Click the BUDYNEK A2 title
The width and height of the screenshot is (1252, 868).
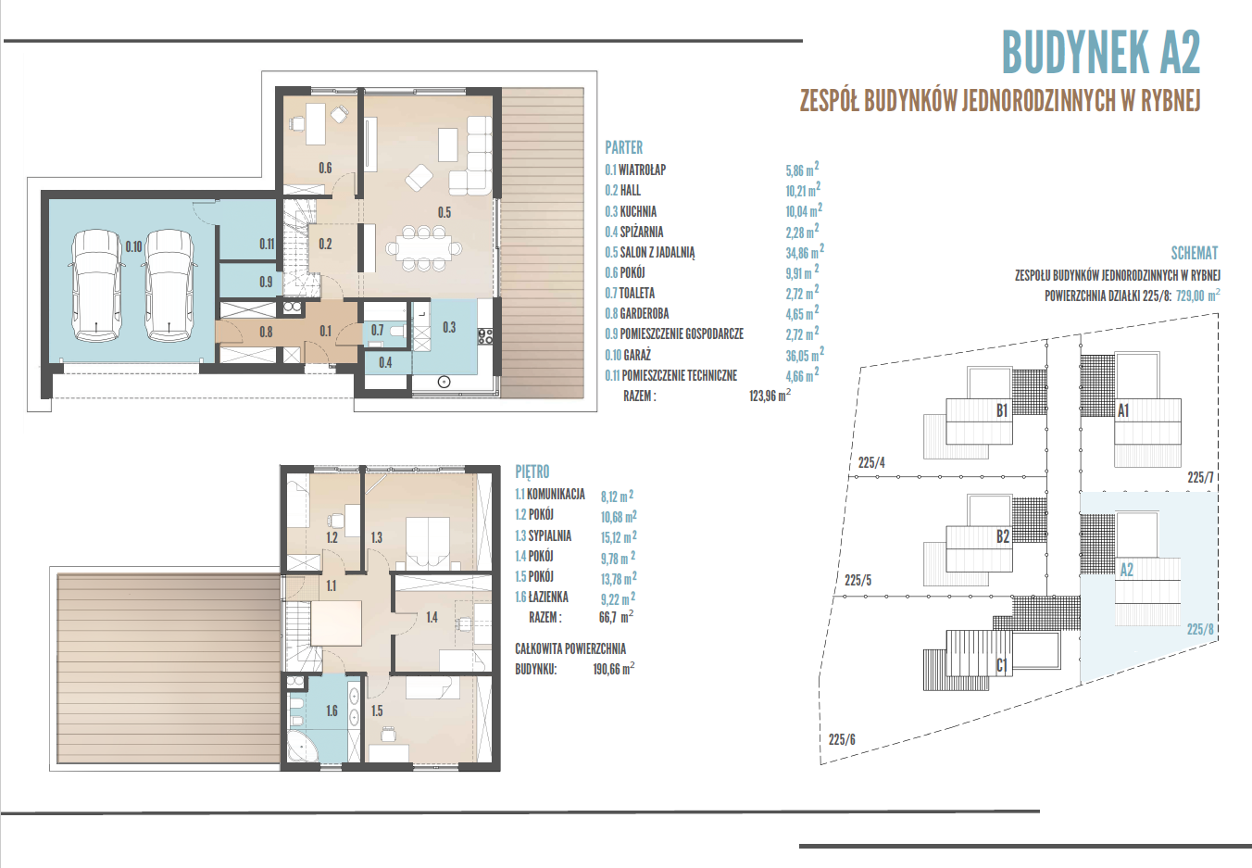[x=1101, y=52]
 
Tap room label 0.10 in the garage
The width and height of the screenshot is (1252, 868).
[x=133, y=246]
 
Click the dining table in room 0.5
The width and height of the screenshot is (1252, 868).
[x=424, y=247]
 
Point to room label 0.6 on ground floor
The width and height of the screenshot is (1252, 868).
[x=325, y=168]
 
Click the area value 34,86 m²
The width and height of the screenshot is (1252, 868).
[x=805, y=251]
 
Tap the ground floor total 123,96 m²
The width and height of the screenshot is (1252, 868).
[x=770, y=396]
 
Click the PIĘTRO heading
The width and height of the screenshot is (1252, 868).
[x=532, y=472]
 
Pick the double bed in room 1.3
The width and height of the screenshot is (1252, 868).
[x=428, y=541]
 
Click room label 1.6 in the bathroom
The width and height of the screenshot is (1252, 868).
[x=332, y=711]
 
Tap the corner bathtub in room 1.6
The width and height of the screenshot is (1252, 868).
[x=303, y=748]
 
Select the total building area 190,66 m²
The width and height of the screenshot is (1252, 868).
[x=614, y=669]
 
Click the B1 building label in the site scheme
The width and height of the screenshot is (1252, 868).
[x=1002, y=411]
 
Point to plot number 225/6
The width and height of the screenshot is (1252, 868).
[x=842, y=739]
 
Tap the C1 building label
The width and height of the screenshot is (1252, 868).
[x=1002, y=665]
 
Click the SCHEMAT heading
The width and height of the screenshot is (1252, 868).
[x=1195, y=253]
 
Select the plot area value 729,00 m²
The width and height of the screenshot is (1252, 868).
[x=1197, y=295]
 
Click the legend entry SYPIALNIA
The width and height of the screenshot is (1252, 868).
[x=550, y=535]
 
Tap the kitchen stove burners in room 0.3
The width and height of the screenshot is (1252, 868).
[x=485, y=335]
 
